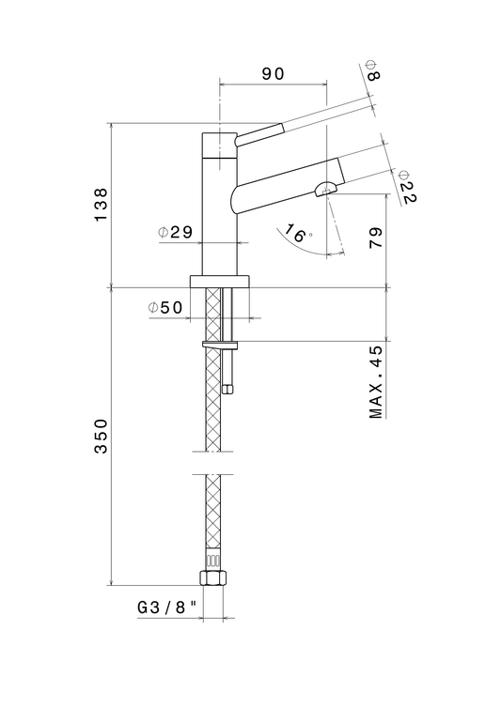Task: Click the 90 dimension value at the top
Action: (274, 73)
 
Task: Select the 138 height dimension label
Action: (102, 205)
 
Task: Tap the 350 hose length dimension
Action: (102, 436)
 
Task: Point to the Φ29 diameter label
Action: (175, 232)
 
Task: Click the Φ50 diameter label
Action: (165, 308)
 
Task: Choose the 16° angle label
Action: (298, 233)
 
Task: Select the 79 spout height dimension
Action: (376, 238)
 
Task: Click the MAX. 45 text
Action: (376, 382)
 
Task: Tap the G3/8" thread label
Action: (167, 607)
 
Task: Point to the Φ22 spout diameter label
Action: (407, 187)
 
